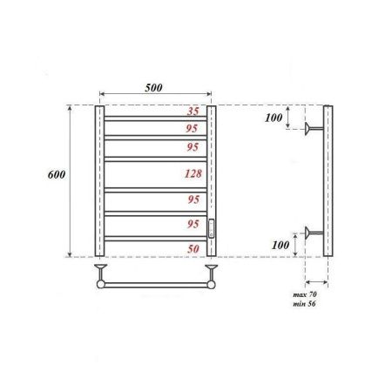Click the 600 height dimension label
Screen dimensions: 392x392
pos(55,174)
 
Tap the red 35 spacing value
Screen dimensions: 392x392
pos(194,112)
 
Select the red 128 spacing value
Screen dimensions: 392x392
pos(193,173)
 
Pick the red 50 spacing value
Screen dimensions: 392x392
pos(194,249)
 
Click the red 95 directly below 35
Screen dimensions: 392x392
pos(194,128)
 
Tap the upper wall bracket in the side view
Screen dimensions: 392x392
pos(313,132)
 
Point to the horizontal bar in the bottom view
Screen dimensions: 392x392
pos(155,283)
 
